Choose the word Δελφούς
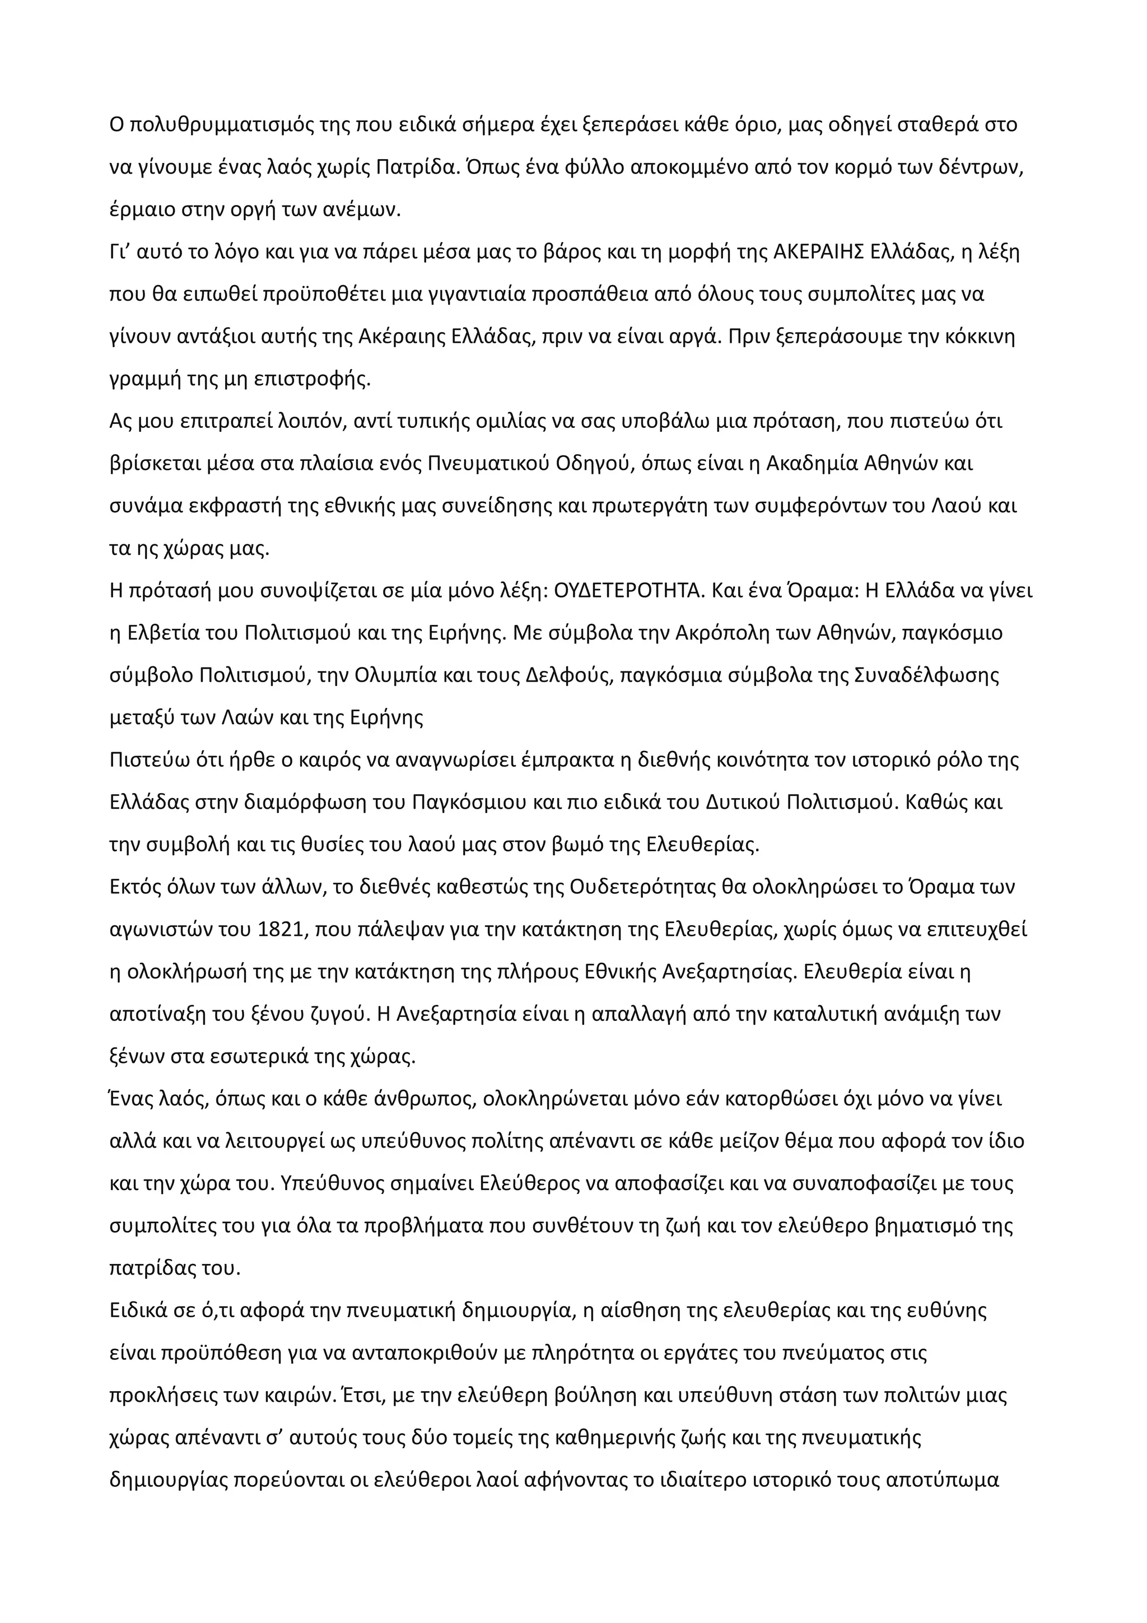tap(570, 675)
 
